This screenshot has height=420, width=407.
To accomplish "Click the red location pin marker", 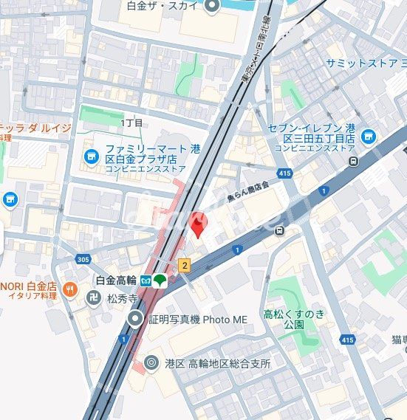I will point(199,224).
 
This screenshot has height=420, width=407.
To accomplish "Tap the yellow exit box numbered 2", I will point(185,264).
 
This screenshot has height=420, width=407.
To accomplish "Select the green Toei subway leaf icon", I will point(160,280).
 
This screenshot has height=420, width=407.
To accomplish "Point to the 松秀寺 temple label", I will point(122,299).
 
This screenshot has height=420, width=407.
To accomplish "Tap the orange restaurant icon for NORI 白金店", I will point(71,289).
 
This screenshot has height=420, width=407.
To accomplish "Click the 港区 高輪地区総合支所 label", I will point(217,363).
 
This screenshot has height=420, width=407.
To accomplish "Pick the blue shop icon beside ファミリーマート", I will point(91,156).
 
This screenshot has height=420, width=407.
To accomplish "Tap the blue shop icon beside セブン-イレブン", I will point(368,136).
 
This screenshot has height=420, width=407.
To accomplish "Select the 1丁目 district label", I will point(131,123).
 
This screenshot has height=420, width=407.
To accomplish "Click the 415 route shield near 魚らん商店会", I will point(285,173).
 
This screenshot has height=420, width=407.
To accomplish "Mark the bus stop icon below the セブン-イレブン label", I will point(354,161).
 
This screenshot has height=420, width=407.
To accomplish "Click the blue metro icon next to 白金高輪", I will point(146,280).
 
